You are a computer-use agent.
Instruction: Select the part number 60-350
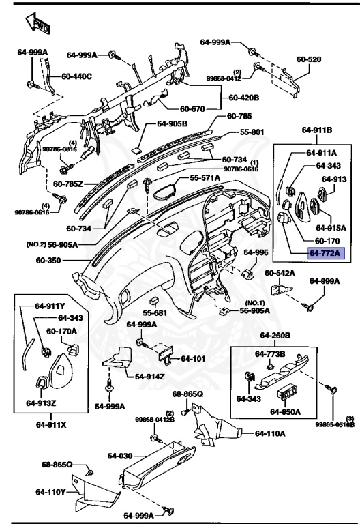49,261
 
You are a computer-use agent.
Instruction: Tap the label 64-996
256,252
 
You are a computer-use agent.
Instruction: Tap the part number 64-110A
271,433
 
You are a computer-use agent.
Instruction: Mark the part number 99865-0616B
335,424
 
